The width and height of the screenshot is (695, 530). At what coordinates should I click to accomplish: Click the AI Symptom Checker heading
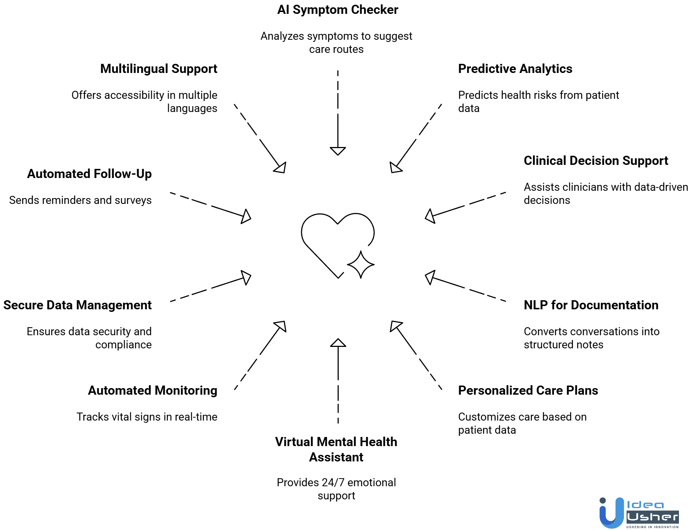(337, 10)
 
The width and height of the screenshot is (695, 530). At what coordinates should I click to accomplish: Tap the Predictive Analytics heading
(515, 69)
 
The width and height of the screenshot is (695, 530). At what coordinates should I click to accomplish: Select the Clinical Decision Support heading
(595, 161)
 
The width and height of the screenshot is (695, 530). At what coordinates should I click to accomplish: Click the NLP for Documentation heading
(591, 305)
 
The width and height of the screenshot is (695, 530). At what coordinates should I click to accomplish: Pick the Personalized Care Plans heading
(528, 391)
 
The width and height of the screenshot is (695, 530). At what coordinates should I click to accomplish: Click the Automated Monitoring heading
(152, 391)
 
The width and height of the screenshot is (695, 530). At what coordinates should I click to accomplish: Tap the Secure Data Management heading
(77, 305)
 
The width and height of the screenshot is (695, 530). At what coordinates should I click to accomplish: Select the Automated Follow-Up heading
(89, 174)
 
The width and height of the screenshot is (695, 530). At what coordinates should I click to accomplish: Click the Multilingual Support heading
(159, 69)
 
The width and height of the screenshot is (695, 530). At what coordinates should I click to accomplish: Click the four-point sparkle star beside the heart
(361, 265)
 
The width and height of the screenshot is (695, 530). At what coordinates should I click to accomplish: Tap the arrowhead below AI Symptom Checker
(338, 151)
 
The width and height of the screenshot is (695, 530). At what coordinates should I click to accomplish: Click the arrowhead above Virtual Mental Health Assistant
(338, 343)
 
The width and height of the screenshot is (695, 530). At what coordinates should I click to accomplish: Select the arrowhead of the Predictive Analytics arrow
(395, 168)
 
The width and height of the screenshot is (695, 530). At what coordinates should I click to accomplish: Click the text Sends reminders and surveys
(80, 200)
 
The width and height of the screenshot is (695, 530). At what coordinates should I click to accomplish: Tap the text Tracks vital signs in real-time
(147, 417)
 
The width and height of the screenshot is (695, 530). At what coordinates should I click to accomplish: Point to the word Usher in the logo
(652, 517)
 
